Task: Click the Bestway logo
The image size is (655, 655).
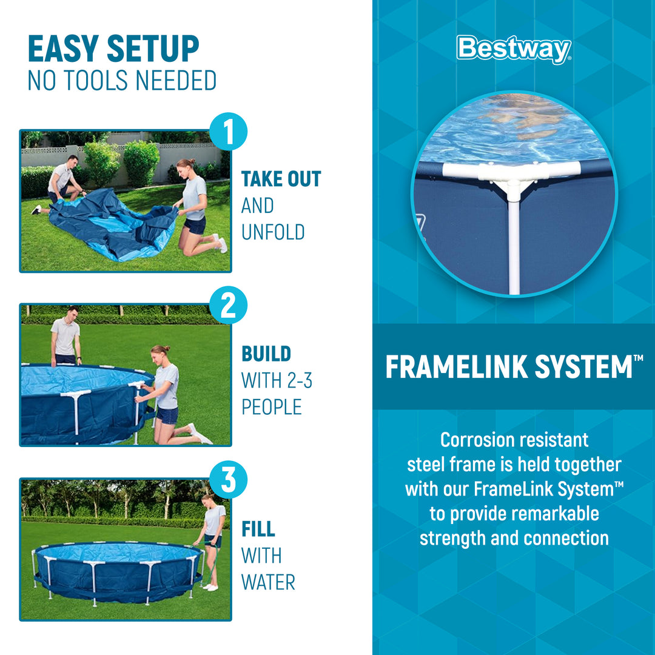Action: click(x=514, y=49)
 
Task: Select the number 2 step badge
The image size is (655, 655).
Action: click(x=228, y=306)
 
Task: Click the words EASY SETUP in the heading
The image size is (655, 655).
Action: click(x=113, y=50)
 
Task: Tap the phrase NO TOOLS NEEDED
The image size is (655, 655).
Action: click(x=122, y=81)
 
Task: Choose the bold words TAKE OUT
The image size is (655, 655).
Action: click(x=281, y=180)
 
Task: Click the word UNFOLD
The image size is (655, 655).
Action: click(x=273, y=232)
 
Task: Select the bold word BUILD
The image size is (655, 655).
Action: click(x=266, y=354)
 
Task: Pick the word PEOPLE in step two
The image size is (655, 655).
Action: click(x=272, y=408)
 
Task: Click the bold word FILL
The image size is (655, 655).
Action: click(x=258, y=529)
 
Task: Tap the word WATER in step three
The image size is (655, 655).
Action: click(x=268, y=582)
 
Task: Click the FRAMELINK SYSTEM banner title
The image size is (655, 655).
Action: click(x=508, y=368)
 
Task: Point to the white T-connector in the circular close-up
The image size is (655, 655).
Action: click(x=513, y=176)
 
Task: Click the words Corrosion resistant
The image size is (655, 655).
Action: click(x=514, y=440)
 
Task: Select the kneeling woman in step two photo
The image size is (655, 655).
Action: click(x=167, y=394)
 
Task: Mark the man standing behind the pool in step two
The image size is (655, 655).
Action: click(x=65, y=337)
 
